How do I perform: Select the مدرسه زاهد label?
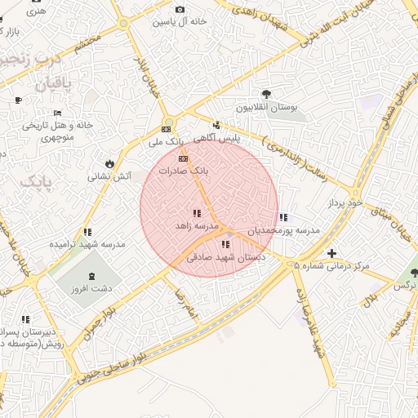[196, 225]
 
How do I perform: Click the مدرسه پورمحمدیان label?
[283, 231]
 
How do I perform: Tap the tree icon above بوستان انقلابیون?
[267, 94]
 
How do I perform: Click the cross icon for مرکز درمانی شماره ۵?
[331, 253]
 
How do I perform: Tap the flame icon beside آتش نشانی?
[109, 162]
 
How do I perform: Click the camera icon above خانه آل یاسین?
[180, 9]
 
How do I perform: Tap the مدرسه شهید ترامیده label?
[87, 244]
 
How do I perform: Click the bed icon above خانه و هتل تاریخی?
[57, 113]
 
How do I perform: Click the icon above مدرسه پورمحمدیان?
[283, 217]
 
